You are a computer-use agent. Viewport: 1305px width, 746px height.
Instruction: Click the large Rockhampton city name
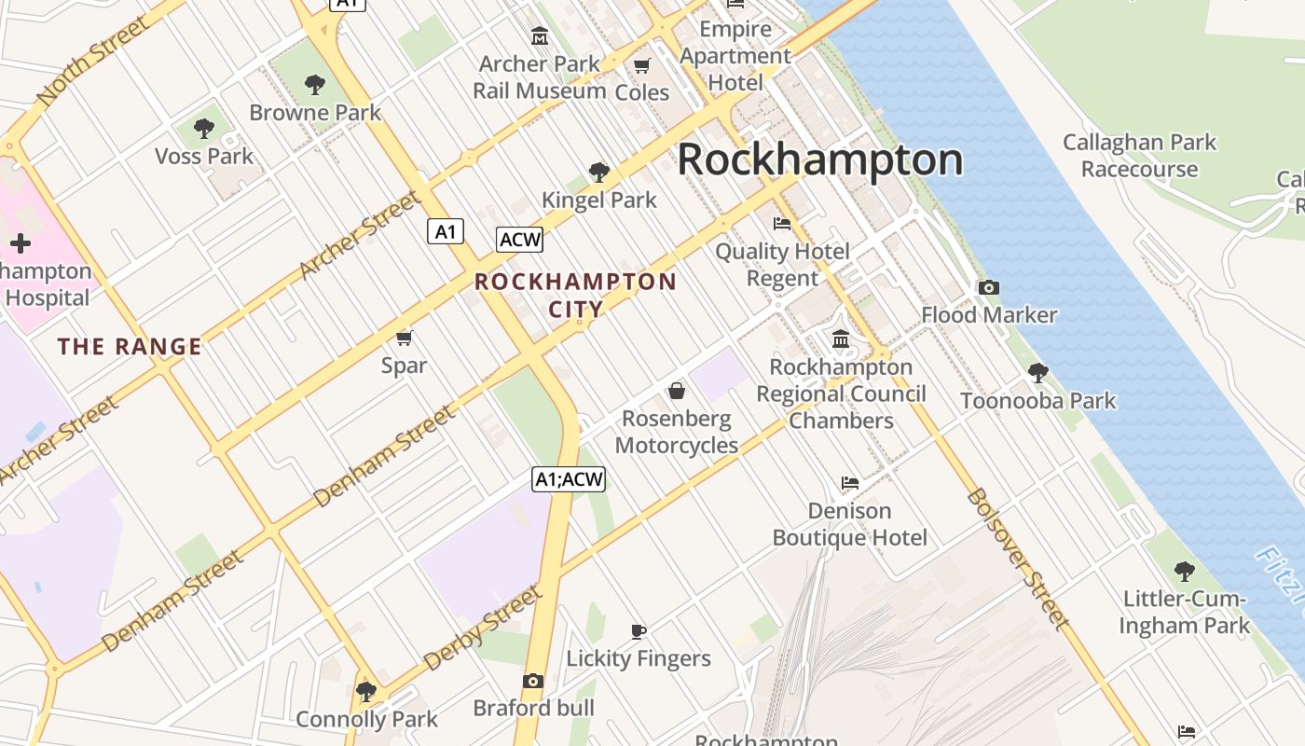point(819,159)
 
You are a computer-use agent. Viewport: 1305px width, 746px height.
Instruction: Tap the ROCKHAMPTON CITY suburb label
point(575,295)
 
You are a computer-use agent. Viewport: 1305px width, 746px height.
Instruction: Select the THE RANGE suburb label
point(130,347)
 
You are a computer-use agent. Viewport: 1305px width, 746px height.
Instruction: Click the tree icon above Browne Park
point(315,85)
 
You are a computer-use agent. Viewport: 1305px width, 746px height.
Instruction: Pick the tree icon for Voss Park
point(204,129)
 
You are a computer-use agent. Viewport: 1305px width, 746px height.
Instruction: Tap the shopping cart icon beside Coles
point(641,65)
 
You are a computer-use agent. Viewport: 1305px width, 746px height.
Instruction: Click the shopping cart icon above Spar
point(404,338)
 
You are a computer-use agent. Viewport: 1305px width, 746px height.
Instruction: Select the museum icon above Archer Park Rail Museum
point(539,36)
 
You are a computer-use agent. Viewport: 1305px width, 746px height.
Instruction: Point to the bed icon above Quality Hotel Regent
point(782,224)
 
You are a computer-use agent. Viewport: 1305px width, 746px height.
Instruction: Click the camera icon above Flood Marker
point(988,287)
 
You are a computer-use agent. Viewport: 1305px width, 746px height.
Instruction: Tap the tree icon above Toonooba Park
point(1037,373)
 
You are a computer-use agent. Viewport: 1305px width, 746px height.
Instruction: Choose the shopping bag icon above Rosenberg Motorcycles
point(677,391)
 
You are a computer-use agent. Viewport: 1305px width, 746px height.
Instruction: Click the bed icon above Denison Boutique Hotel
point(849,483)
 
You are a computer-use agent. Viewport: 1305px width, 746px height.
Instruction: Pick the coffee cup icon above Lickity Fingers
point(639,631)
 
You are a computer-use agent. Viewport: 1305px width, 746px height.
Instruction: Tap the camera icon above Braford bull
point(533,681)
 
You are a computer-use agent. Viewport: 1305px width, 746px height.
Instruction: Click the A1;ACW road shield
point(569,479)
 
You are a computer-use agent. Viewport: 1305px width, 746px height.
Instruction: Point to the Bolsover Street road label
point(1017,558)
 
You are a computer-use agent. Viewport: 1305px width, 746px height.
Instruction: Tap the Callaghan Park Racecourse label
point(1139,156)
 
